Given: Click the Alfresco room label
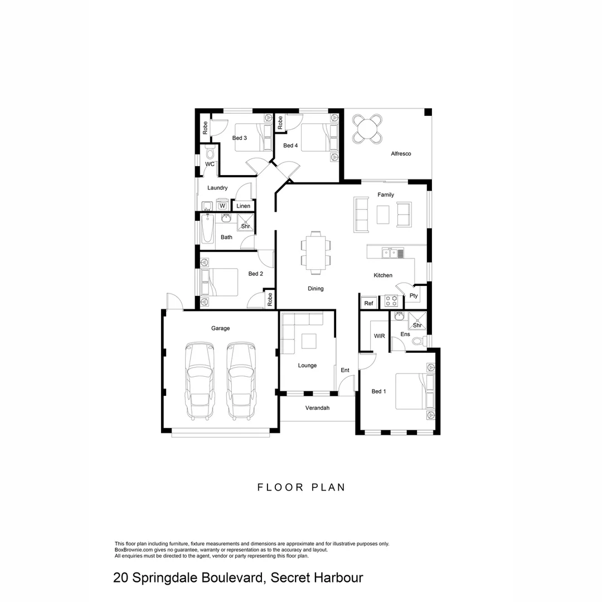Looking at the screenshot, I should pyautogui.click(x=401, y=153).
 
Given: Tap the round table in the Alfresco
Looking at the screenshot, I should pyautogui.click(x=367, y=129).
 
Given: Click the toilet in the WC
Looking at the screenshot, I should pyautogui.click(x=210, y=152).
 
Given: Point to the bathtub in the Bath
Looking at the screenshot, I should pyautogui.click(x=208, y=228).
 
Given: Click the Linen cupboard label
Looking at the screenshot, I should pyautogui.click(x=244, y=206).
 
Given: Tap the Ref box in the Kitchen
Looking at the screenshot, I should pyautogui.click(x=368, y=303).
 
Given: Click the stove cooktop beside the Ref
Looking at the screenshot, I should pyautogui.click(x=391, y=302).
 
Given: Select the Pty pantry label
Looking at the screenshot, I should pyautogui.click(x=414, y=295).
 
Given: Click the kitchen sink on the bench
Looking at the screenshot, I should pyautogui.click(x=392, y=254).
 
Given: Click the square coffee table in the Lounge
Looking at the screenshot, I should pyautogui.click(x=309, y=341).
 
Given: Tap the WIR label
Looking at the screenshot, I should pyautogui.click(x=379, y=336).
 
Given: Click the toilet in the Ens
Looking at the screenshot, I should pyautogui.click(x=418, y=341).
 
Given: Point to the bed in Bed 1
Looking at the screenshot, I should pyautogui.click(x=414, y=391).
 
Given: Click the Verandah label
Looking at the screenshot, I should pyautogui.click(x=317, y=408).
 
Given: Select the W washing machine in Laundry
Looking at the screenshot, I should pyautogui.click(x=222, y=206).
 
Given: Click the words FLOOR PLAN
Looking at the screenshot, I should pyautogui.click(x=301, y=487).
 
